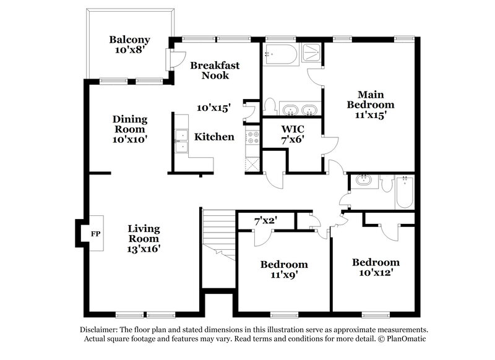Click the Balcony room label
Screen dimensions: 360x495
pos(129,45)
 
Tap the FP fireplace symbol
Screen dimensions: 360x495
pos(95,234)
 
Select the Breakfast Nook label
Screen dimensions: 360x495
pos(214,70)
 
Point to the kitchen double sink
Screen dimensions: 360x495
pos(181,141)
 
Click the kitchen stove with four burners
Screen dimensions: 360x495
pos(252,139)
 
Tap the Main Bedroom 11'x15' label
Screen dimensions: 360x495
pos(370,105)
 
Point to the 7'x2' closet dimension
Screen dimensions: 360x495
pos(265,220)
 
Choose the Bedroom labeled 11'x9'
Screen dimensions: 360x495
pos(283,269)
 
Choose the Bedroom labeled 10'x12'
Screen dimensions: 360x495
pos(376,267)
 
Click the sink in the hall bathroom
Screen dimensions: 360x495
pos(363,181)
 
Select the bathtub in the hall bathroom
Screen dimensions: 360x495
pos(403,191)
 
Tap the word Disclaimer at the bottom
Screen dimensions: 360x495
pos(103,330)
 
